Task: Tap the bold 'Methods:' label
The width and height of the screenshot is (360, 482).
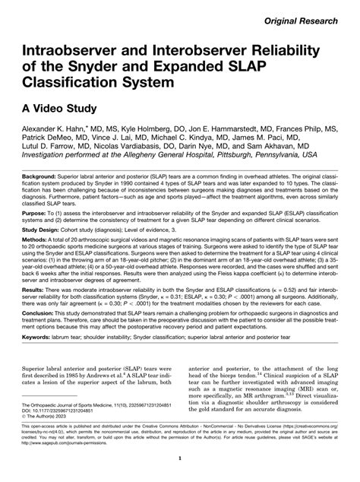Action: click(36, 271)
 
